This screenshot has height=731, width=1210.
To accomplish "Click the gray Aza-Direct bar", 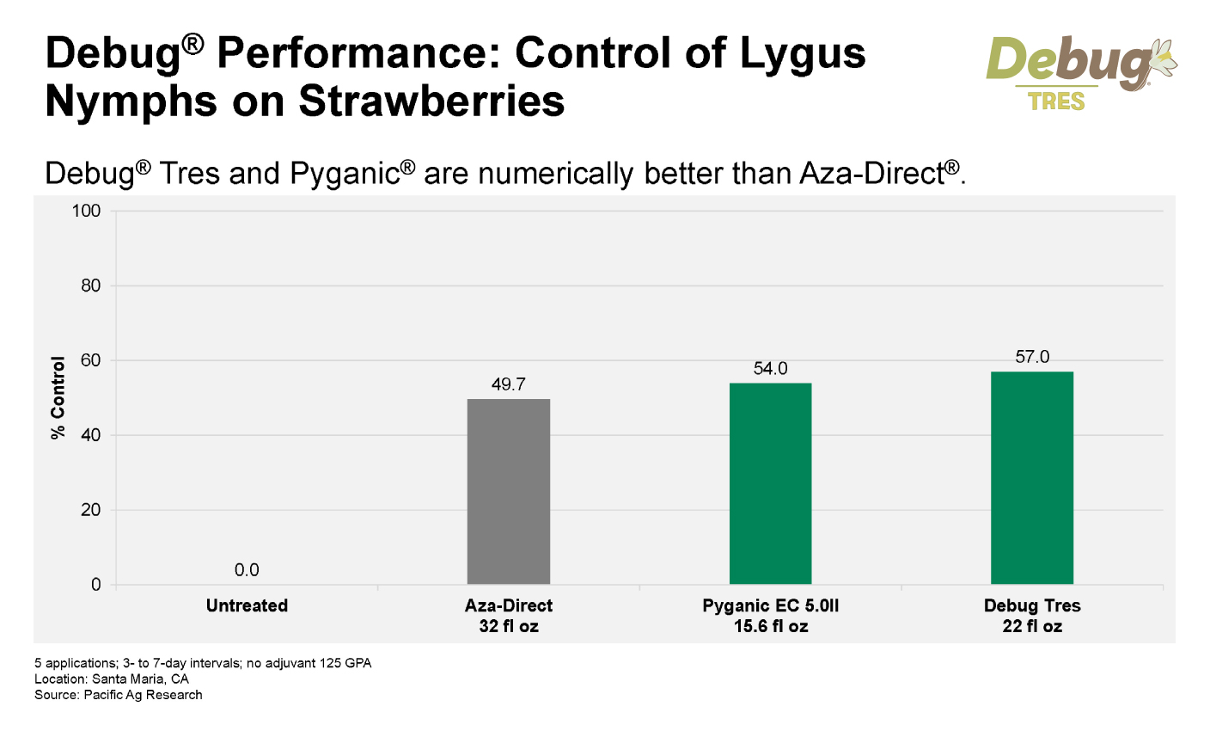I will click(x=508, y=491).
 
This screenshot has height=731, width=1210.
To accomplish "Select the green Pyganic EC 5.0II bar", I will click(x=770, y=483).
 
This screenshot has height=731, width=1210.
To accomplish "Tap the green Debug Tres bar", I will click(x=1031, y=477).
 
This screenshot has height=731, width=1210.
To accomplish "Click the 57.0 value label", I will click(x=1032, y=357).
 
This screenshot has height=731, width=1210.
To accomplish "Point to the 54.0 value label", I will click(x=770, y=369).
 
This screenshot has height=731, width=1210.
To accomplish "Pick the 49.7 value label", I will click(x=508, y=384).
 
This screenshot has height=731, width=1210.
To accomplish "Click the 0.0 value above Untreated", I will click(x=247, y=570).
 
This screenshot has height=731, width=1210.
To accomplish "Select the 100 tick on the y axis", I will click(x=88, y=212).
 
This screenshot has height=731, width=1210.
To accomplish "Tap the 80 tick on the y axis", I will click(x=91, y=286).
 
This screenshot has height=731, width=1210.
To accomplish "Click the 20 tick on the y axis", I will click(x=91, y=510).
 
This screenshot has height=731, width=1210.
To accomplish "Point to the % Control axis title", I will click(x=58, y=398).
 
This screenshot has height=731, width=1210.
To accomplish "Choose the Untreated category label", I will click(x=247, y=605).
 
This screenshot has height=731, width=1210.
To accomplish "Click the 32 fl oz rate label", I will click(x=509, y=626).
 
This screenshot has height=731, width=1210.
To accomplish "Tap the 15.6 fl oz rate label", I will click(x=770, y=626).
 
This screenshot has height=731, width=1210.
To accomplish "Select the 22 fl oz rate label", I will click(x=1032, y=626).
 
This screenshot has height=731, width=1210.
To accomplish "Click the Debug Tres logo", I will click(x=1079, y=72).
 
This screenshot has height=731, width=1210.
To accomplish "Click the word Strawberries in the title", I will click(x=431, y=101).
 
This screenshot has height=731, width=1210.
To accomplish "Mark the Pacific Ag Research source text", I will click(x=143, y=694).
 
